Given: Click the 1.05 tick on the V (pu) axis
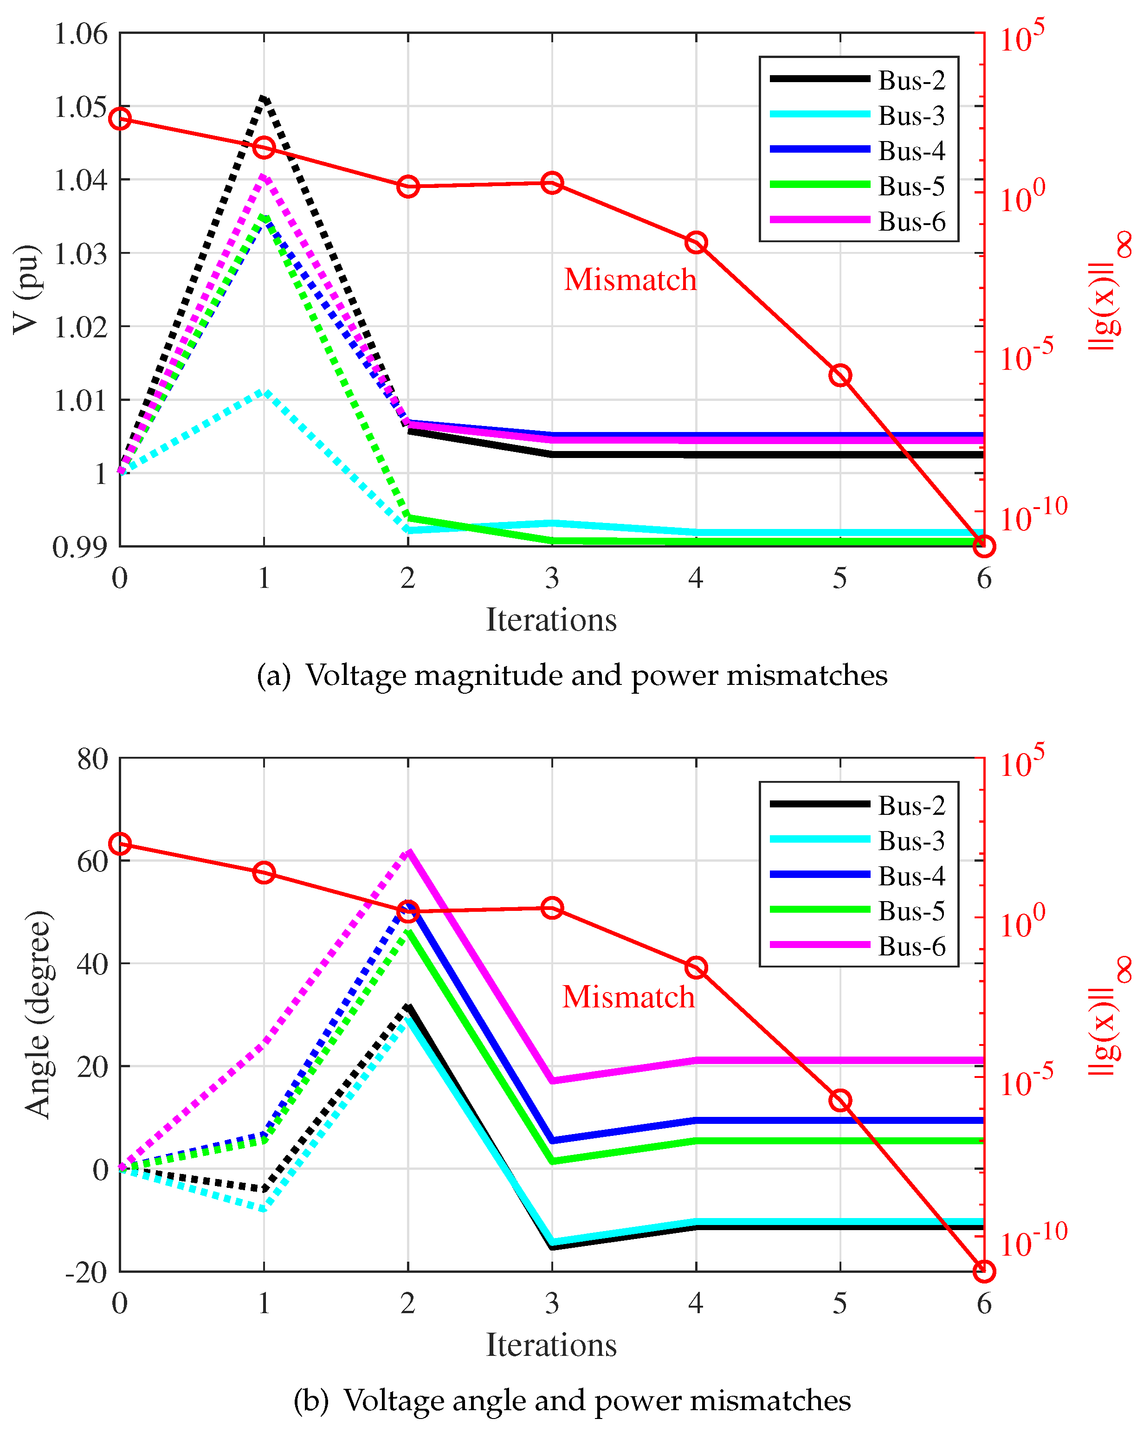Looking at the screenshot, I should [80, 107].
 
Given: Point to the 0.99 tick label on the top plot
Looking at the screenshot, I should [80, 548].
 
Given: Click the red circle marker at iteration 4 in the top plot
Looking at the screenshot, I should [696, 243].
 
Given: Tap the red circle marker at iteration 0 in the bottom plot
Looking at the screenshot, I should [120, 845].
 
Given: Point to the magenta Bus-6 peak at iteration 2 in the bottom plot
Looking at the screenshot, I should [408, 852].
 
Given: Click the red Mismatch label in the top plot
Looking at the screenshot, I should [630, 279].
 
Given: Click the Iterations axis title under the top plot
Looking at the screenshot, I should [551, 619].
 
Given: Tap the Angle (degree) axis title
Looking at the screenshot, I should [38, 1014].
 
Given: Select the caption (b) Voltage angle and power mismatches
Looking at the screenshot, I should [572, 1400].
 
